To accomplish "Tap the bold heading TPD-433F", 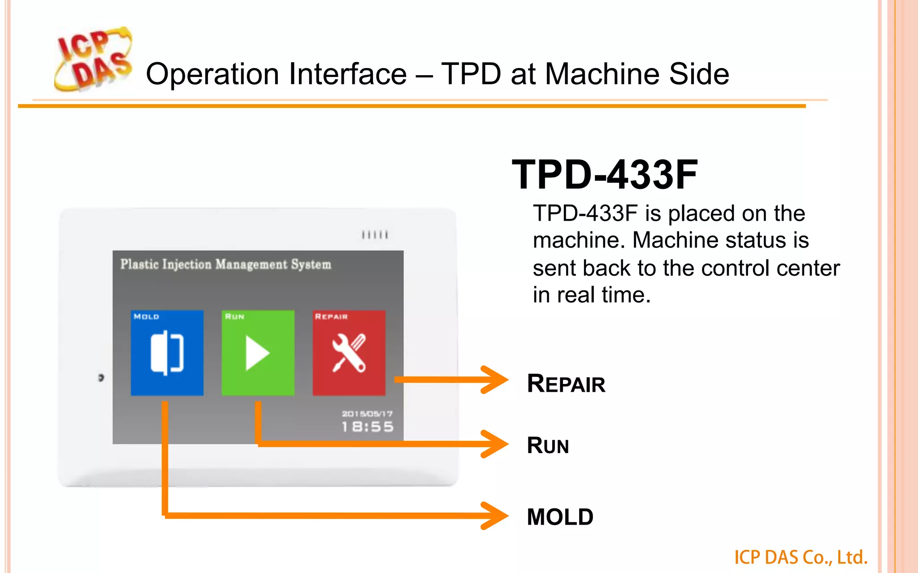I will [605, 175].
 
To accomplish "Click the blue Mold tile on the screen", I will [167, 353].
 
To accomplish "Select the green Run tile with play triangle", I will [258, 353].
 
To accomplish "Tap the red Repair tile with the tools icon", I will [349, 353].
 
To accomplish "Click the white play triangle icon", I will [256, 353].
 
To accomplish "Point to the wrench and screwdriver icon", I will [349, 353].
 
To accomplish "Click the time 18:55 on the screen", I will [368, 427].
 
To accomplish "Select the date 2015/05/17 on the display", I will [367, 414].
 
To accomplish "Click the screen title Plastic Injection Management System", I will [225, 265].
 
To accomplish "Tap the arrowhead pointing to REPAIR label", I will [495, 380].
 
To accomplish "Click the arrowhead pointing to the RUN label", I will [495, 444].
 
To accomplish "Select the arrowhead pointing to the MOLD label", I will [495, 516].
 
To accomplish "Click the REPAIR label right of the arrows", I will [566, 384].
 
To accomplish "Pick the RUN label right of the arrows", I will [548, 445].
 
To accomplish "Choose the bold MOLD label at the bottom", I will [560, 517].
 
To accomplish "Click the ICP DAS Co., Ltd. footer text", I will [801, 557].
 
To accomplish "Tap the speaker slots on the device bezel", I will [375, 235].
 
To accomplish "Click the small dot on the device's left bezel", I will [101, 378].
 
